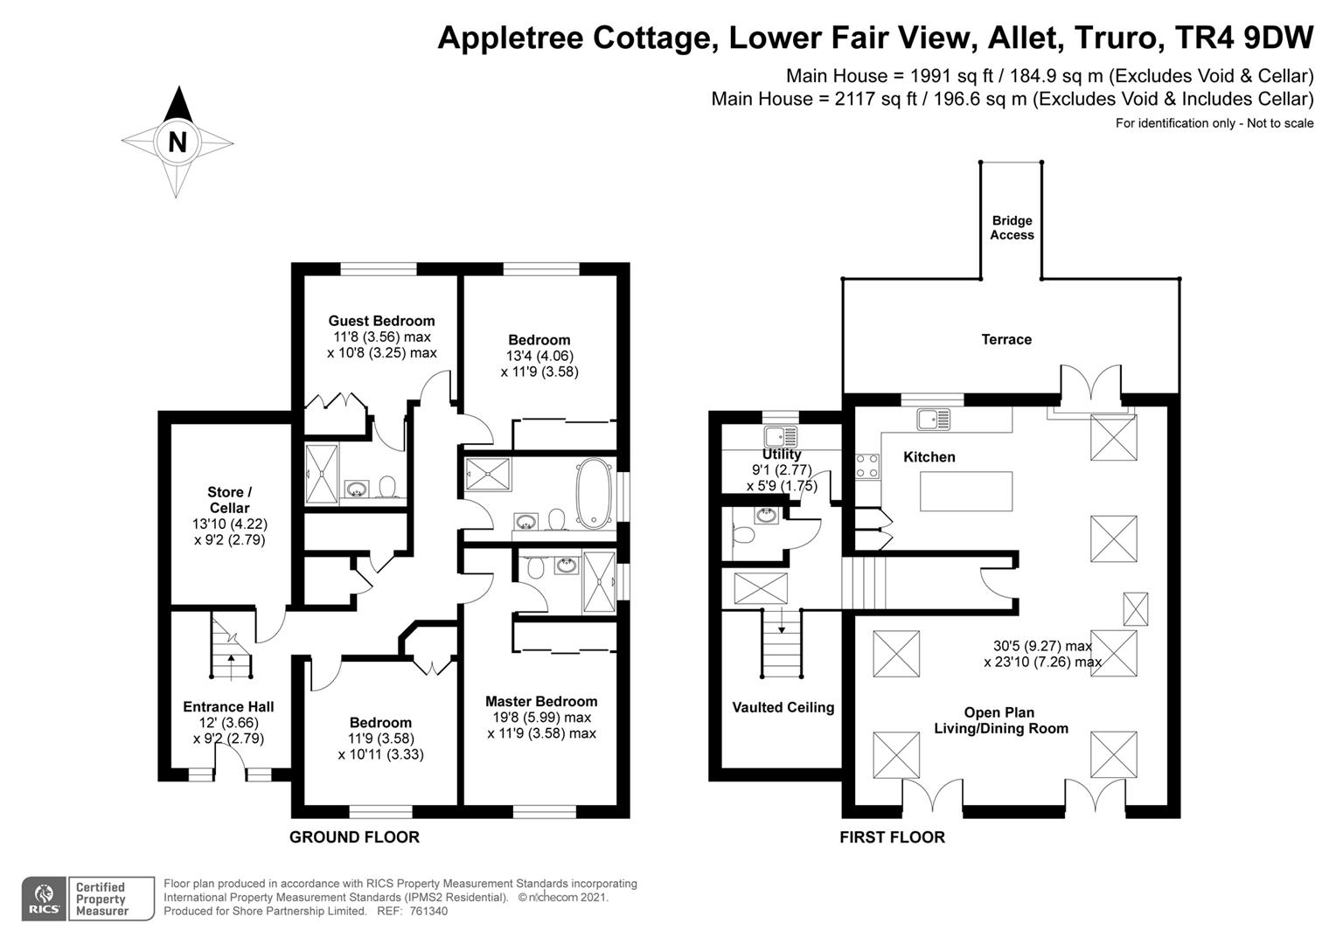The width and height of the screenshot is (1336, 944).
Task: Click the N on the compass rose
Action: [x=177, y=142]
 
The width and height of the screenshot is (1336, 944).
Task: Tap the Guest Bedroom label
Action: [x=381, y=321]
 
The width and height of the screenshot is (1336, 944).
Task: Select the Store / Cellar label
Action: [x=229, y=500]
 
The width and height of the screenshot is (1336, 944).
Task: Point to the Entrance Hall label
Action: [x=228, y=707]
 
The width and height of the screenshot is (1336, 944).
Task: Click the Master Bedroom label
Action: [x=541, y=701]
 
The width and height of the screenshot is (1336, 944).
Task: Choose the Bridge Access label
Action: [x=1012, y=228]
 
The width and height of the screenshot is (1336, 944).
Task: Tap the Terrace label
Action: [x=1005, y=339]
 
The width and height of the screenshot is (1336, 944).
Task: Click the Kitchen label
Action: [x=929, y=457]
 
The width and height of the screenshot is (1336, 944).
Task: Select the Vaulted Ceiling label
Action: [x=783, y=707]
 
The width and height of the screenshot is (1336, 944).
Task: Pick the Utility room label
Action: [x=781, y=455]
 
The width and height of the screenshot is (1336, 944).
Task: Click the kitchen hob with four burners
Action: [x=866, y=465]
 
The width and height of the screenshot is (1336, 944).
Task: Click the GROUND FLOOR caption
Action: [x=354, y=837]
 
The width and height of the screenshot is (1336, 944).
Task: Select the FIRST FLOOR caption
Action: [x=892, y=837]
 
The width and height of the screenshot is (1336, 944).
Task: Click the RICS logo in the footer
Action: [x=44, y=899]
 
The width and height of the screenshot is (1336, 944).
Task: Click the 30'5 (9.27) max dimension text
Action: [x=1037, y=646]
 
